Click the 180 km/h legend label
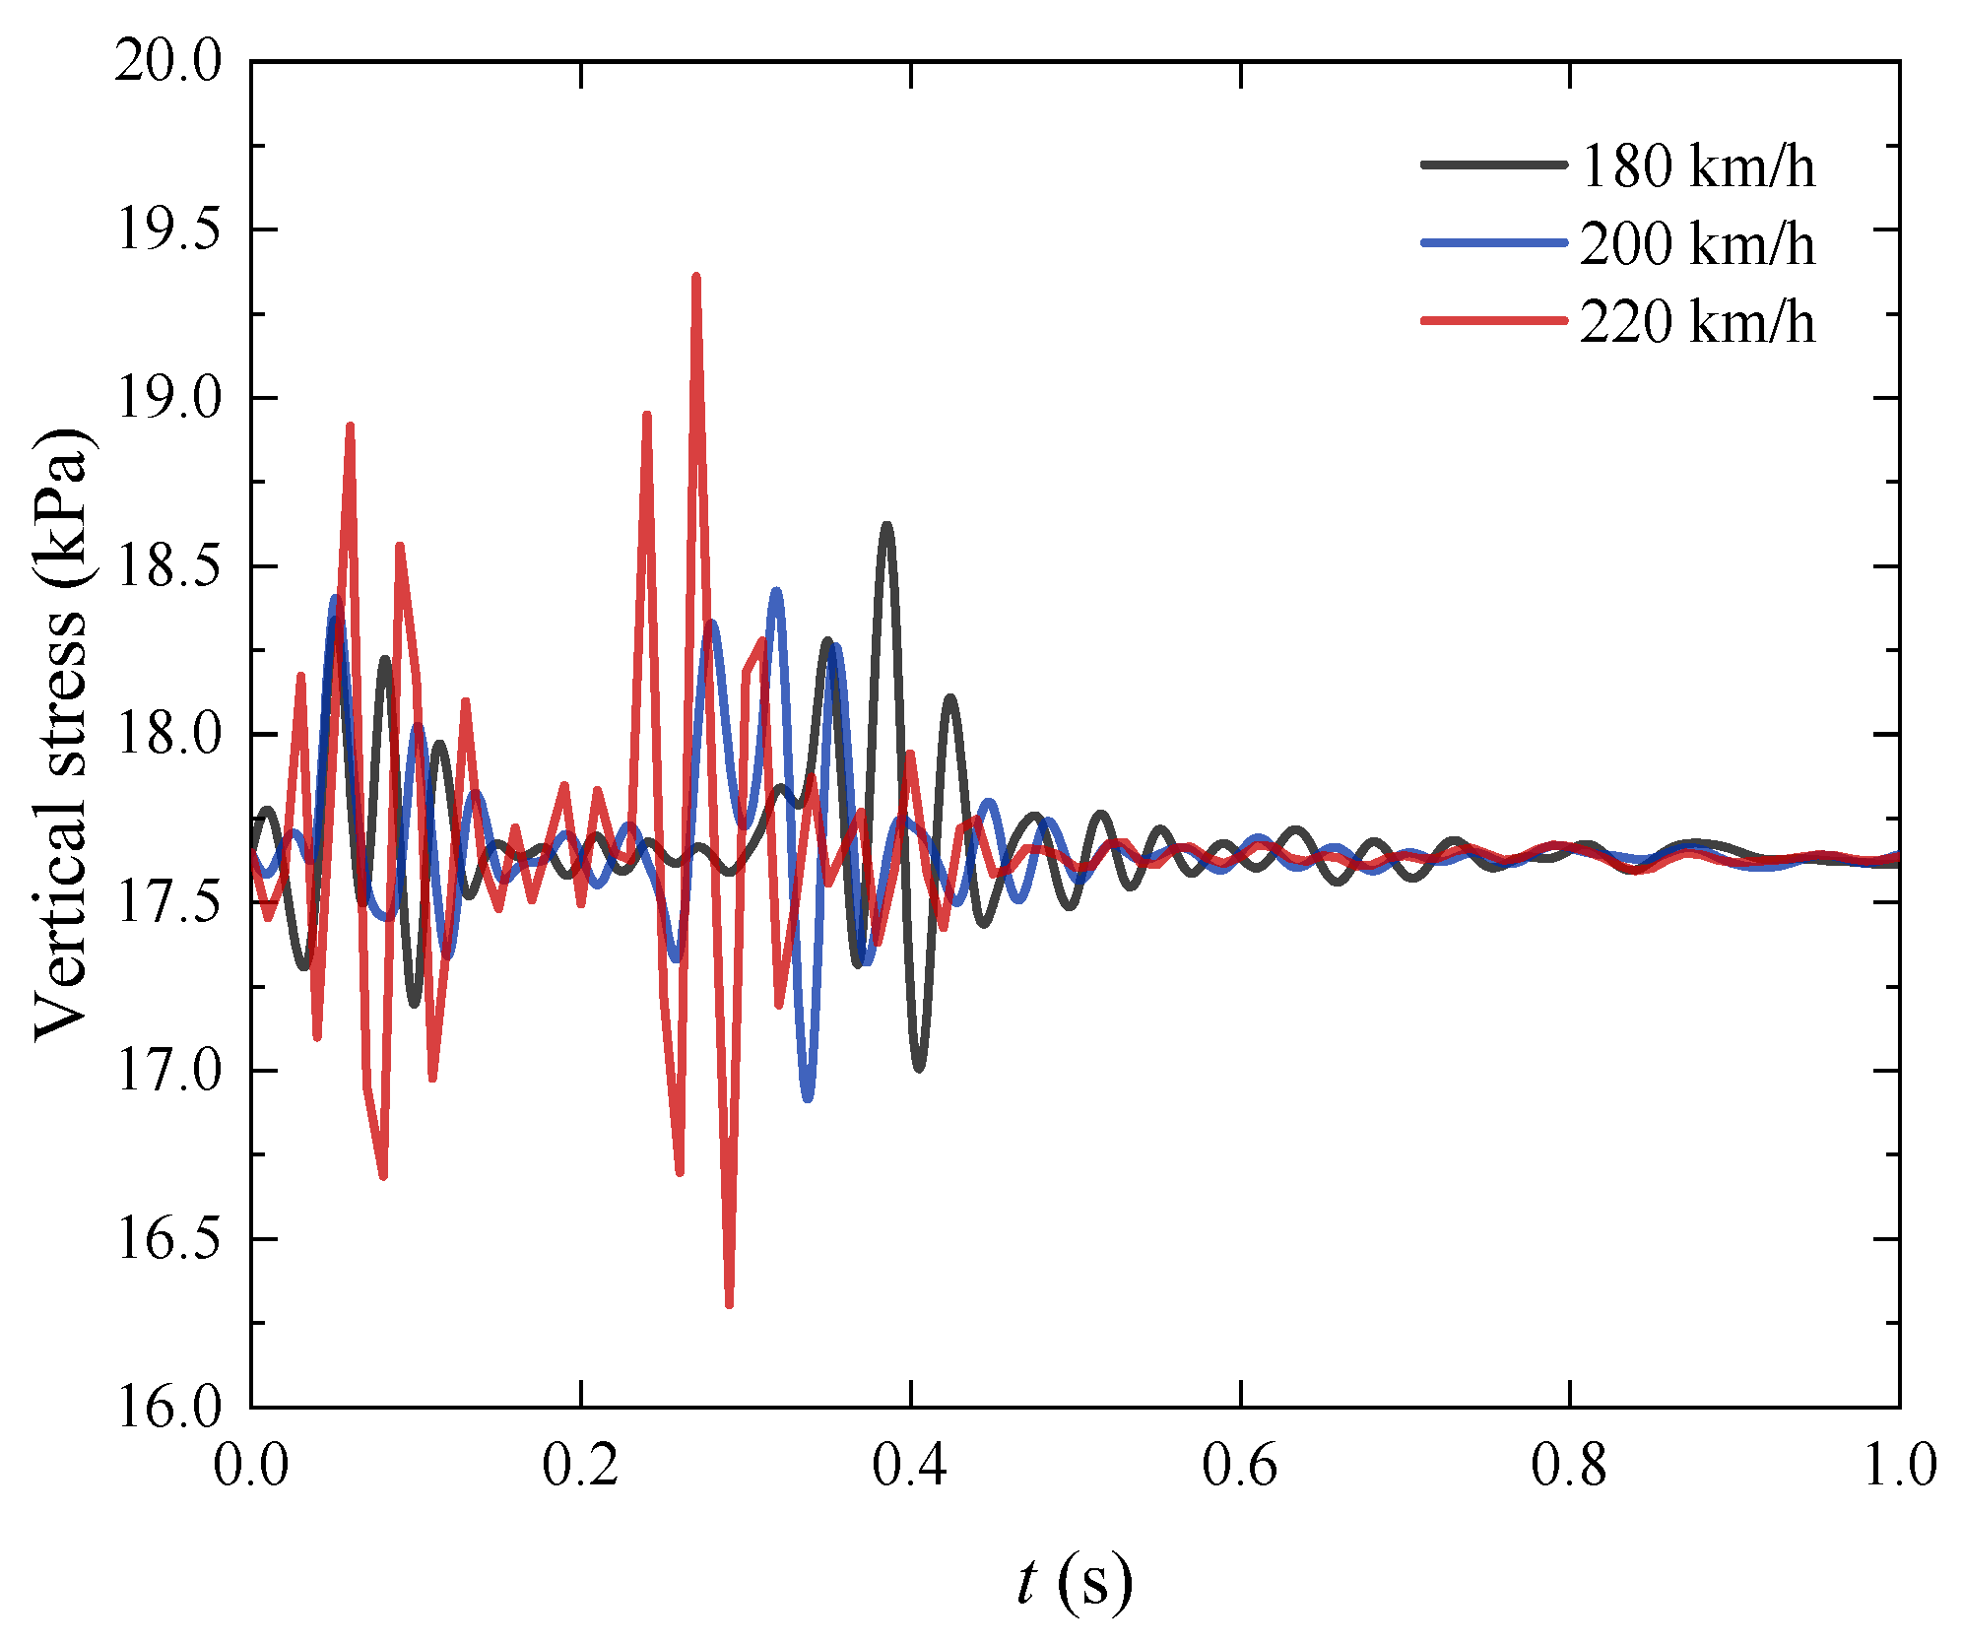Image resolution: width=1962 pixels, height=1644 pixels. [1696, 166]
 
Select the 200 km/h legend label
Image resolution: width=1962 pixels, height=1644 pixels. [1696, 244]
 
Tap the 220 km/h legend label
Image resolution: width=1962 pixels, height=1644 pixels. [1696, 322]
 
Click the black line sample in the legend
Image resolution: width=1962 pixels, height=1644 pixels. [1493, 164]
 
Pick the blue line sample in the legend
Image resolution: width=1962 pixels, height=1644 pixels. [1493, 242]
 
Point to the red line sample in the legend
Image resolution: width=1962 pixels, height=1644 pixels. [1493, 320]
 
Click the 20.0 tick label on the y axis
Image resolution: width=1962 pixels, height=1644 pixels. [168, 62]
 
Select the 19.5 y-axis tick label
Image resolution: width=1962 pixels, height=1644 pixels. [168, 230]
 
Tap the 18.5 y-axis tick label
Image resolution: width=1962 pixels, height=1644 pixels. [168, 567]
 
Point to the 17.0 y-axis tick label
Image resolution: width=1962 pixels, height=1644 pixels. [168, 1072]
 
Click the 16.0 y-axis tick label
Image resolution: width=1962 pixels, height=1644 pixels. [168, 1407]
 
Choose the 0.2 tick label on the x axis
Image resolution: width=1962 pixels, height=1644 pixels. [581, 1465]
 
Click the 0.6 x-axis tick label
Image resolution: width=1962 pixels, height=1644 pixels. [1240, 1465]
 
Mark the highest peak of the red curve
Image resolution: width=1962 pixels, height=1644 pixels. [696, 278]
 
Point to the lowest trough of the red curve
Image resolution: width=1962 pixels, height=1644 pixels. [729, 1305]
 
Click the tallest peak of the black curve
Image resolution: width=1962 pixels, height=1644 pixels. [887, 526]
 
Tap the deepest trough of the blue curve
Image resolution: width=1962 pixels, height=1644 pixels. [808, 1097]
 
